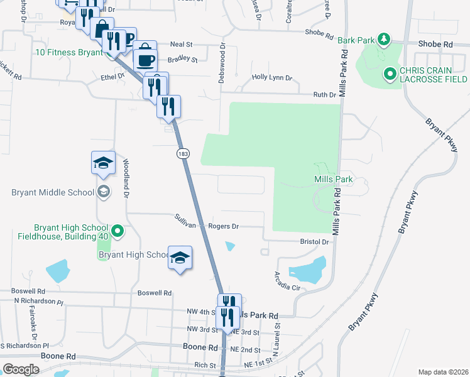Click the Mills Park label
tap(333, 180)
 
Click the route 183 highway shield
tap(182, 154)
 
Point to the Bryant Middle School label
tap(52, 192)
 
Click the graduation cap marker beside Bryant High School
tap(180, 258)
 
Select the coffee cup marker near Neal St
tap(146, 60)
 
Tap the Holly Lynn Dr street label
tap(272, 78)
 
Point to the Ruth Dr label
tap(325, 95)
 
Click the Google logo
tap(21, 369)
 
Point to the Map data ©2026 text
tap(443, 372)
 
